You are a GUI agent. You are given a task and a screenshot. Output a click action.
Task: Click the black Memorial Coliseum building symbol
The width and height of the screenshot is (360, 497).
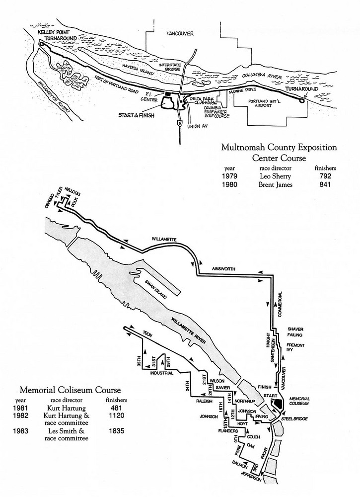[278, 404]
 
